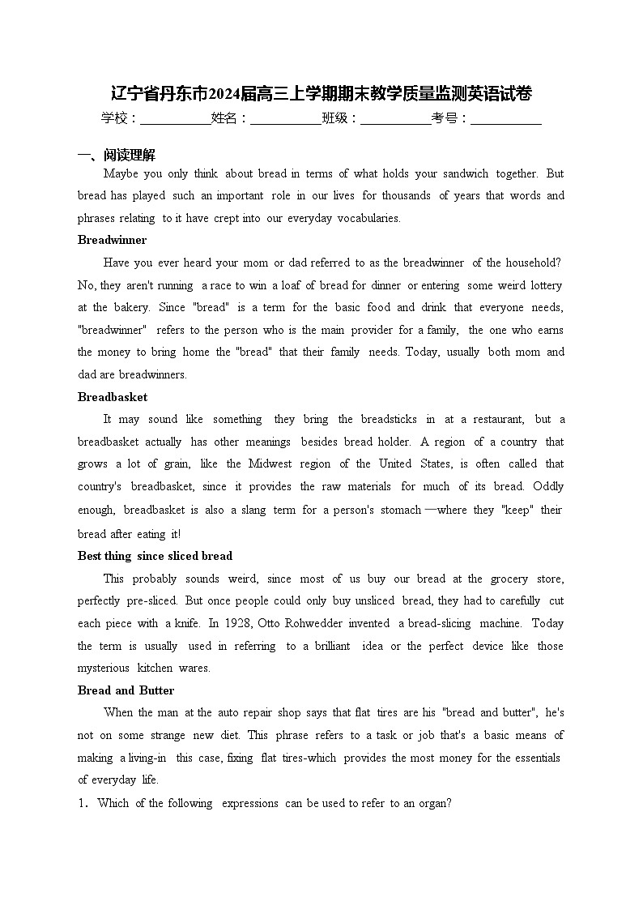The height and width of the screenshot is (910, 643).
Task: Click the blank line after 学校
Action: [175, 119]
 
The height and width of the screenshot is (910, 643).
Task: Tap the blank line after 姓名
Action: [285, 119]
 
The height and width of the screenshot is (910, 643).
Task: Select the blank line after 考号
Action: [505, 119]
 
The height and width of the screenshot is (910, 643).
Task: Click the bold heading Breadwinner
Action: [112, 240]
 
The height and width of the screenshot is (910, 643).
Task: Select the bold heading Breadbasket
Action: [113, 397]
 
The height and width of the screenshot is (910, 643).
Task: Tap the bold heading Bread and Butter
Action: [126, 690]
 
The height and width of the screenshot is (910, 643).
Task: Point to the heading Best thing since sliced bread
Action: [155, 556]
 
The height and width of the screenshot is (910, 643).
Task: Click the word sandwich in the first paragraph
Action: [466, 173]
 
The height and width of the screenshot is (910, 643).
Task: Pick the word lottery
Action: [546, 285]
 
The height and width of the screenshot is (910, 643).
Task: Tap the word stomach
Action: [401, 510]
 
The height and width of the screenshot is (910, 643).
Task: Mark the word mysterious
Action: [103, 668]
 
